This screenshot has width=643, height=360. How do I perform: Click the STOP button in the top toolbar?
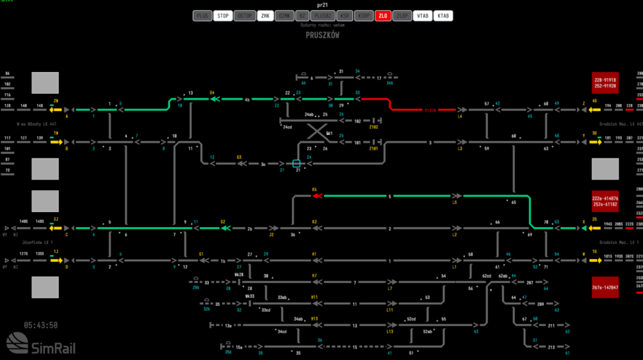click(222, 16)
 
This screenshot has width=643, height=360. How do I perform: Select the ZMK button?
click(265, 16)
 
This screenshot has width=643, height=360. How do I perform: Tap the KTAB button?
click(443, 16)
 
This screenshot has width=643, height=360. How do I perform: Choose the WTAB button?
click(422, 16)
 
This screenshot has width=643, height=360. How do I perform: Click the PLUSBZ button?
click(321, 16)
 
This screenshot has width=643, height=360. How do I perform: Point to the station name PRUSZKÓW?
click(322, 36)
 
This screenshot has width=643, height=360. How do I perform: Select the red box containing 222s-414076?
click(605, 201)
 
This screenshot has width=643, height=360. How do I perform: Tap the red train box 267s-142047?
click(605, 287)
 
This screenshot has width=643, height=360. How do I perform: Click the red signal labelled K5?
click(316, 196)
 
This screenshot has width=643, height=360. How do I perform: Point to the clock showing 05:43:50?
click(41, 325)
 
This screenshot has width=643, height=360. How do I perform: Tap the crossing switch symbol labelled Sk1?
click(315, 132)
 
